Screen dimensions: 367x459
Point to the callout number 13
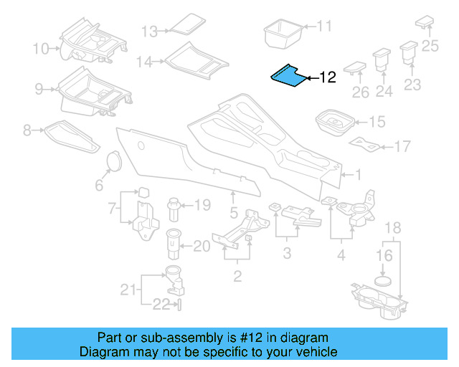click(148, 32)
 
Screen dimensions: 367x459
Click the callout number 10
click(40, 49)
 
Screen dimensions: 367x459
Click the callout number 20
click(202, 246)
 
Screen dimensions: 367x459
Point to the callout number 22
click(160, 305)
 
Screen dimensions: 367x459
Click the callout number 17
click(402, 147)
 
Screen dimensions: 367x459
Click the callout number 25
click(430, 47)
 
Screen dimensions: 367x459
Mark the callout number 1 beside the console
click(359, 174)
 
